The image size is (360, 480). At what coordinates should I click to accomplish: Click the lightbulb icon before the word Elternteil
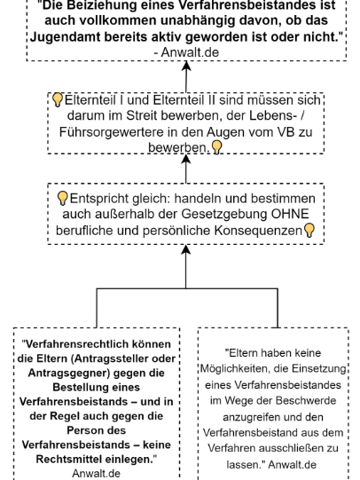coord(58,100)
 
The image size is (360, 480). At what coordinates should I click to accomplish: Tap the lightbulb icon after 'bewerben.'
coord(216,147)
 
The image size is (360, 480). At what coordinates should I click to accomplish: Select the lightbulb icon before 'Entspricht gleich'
coord(62,199)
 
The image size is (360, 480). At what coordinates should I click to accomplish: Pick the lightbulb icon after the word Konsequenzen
coord(309,230)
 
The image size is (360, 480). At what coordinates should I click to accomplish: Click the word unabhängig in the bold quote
coord(193,20)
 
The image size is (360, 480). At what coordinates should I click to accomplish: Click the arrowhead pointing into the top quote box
coord(186,66)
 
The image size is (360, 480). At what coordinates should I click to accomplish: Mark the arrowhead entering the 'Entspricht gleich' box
coord(185,249)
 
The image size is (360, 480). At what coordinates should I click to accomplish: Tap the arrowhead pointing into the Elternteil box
coord(186,159)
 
